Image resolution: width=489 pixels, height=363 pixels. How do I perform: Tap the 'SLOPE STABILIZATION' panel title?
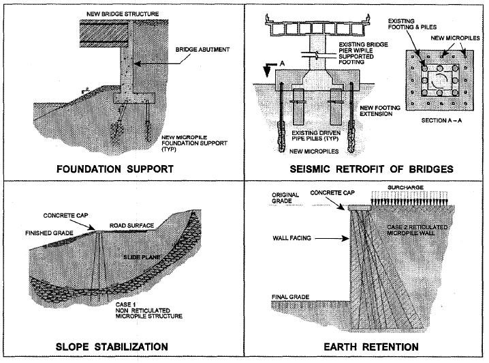(122, 345)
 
